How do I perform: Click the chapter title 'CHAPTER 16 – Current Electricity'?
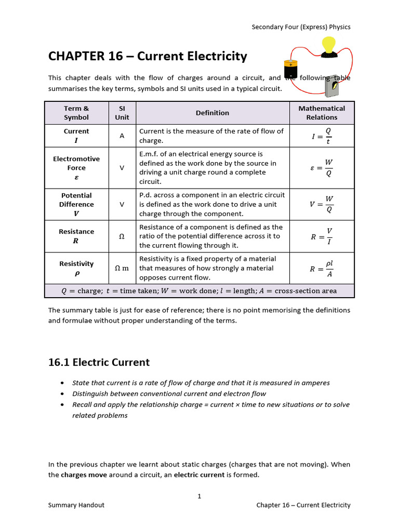click(x=148, y=56)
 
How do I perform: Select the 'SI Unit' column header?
click(x=122, y=113)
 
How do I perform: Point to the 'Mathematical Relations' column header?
click(x=322, y=113)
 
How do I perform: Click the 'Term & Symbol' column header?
click(x=76, y=113)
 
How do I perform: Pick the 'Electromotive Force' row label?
click(x=76, y=168)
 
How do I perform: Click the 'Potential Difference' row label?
click(x=76, y=205)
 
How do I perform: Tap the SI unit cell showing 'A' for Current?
click(x=122, y=136)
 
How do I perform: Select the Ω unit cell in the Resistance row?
click(x=122, y=236)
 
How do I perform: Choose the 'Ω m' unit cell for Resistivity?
click(x=122, y=268)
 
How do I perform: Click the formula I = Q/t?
click(x=322, y=136)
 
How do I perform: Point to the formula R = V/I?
click(x=322, y=236)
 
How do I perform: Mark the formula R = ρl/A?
click(x=322, y=268)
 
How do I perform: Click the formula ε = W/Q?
click(x=322, y=168)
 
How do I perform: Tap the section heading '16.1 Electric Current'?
click(x=99, y=362)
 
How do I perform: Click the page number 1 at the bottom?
click(x=199, y=496)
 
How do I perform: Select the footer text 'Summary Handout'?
click(x=76, y=505)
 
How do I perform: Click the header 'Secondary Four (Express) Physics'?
click(x=301, y=27)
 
